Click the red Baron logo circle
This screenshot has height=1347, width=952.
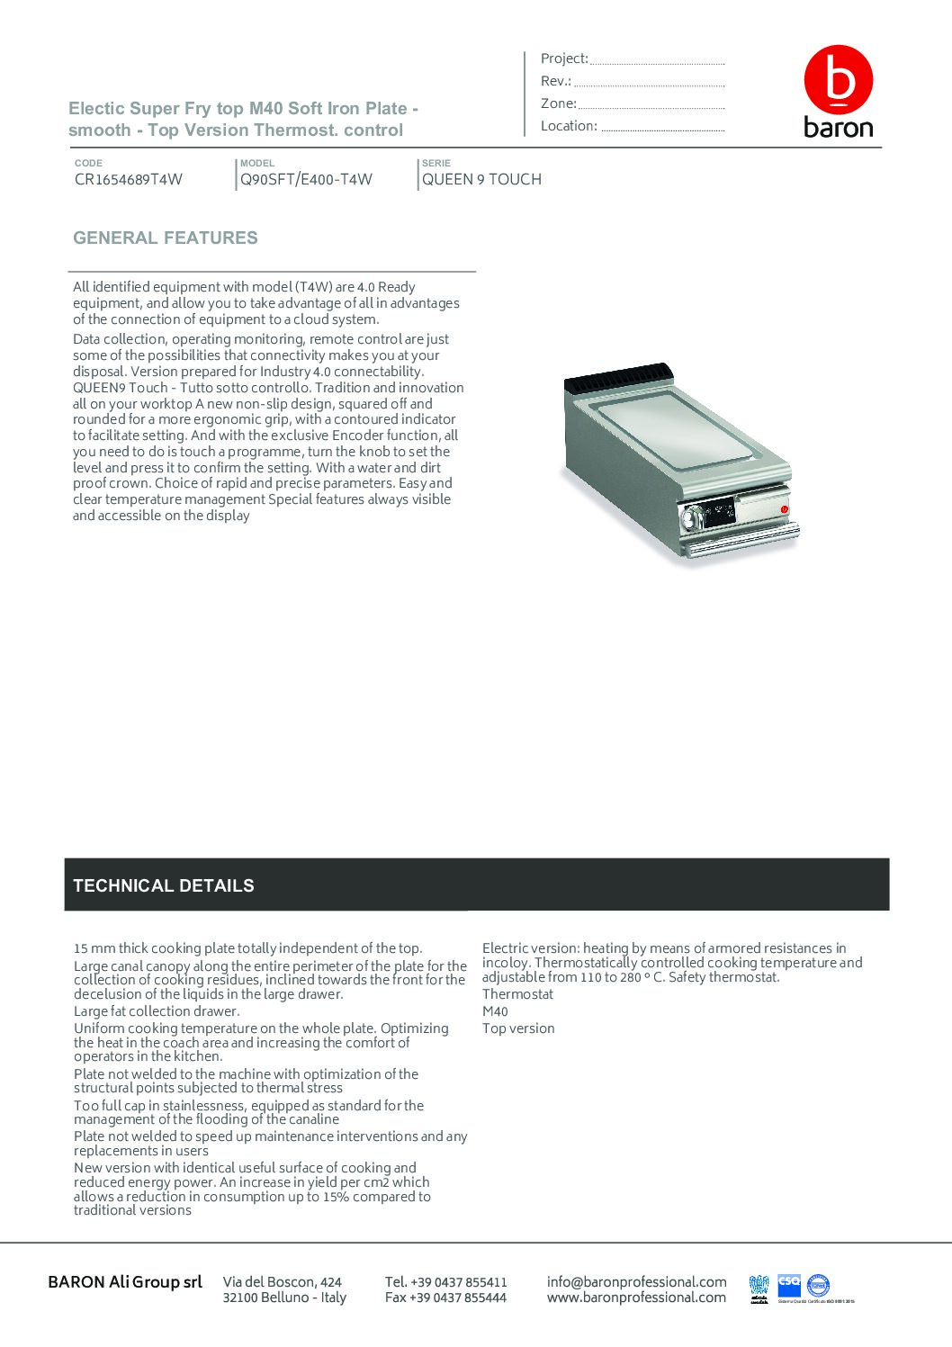click(838, 80)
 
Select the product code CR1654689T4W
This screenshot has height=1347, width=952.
click(129, 179)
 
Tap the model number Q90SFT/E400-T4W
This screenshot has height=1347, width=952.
click(306, 179)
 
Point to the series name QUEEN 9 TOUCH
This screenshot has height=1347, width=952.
click(481, 179)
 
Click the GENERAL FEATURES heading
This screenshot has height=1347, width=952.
click(165, 238)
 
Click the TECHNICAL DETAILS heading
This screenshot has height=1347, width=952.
click(163, 885)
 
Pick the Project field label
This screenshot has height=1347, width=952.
click(563, 58)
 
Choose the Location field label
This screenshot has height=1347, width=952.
click(568, 126)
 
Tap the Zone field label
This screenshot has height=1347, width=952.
click(558, 103)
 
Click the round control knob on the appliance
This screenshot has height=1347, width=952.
click(693, 517)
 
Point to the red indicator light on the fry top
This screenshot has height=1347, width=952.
click(784, 510)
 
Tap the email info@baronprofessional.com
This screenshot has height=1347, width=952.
click(636, 1281)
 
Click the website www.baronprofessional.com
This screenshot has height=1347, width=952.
click(636, 1298)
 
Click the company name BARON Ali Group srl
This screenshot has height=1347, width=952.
click(125, 1281)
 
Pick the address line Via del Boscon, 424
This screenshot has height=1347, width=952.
click(283, 1281)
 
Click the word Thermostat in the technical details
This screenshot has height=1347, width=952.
click(517, 994)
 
